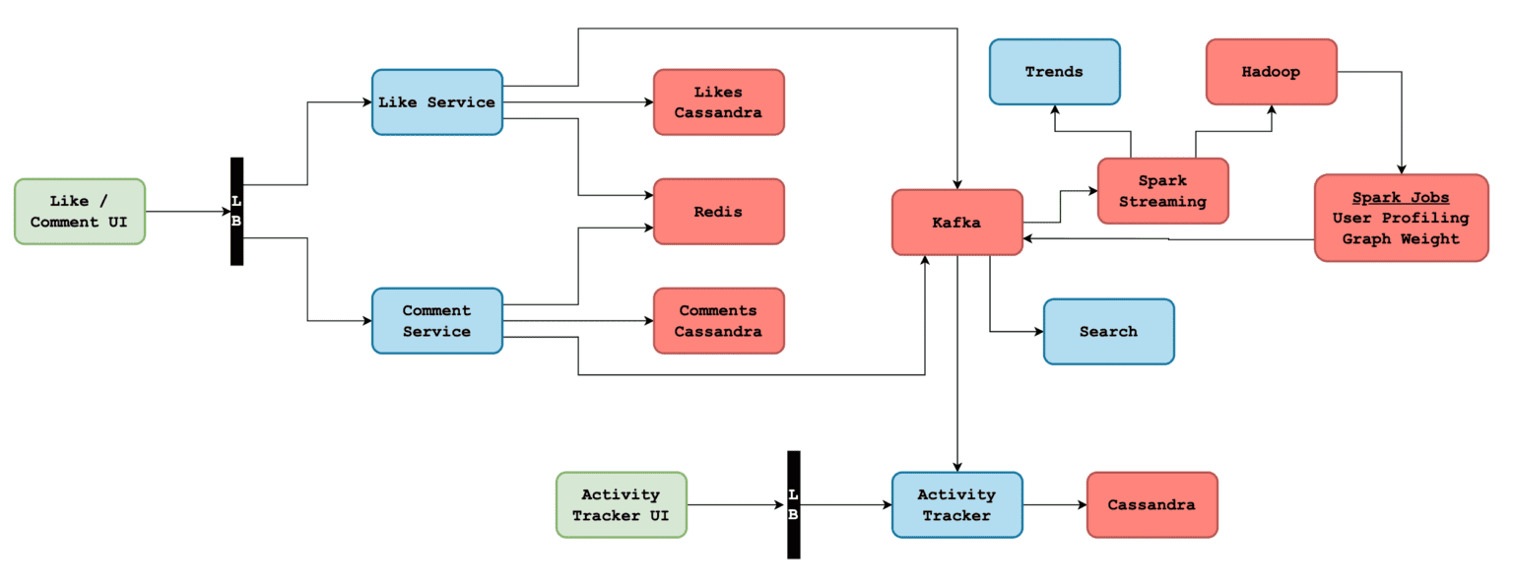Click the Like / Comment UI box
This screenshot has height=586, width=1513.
point(79,211)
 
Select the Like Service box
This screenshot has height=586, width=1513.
point(436,101)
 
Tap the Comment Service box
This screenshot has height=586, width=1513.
point(436,321)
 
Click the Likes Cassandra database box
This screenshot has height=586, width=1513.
point(718,101)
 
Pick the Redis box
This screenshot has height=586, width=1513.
point(718,211)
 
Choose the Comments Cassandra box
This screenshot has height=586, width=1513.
point(718,321)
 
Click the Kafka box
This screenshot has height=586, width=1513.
point(956,223)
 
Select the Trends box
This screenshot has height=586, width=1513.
point(1054,72)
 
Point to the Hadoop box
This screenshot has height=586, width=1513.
point(1271,72)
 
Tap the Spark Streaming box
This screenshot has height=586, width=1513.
point(1162,191)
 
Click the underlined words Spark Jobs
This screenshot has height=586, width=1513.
point(1400,198)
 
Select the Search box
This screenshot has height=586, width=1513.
point(1108,332)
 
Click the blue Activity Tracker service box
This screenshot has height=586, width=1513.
point(956,504)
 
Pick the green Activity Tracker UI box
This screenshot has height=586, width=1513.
point(621,504)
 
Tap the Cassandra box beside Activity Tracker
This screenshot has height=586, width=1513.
point(1151,504)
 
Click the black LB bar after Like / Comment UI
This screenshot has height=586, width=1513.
point(236,211)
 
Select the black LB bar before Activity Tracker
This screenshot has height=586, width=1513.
point(793,504)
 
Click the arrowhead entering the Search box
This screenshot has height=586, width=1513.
point(1037,332)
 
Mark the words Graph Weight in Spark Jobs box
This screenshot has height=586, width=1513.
point(1400,238)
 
